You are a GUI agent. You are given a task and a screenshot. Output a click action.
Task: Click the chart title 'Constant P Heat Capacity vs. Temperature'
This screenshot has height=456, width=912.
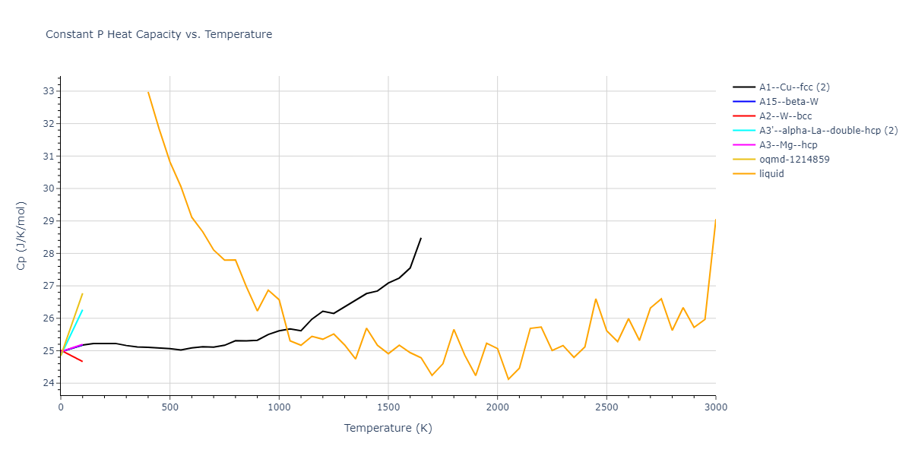[159, 34]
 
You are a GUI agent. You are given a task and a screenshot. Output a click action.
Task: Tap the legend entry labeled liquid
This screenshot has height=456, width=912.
[771, 174]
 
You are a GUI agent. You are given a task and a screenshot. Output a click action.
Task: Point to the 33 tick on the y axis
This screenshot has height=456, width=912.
[49, 91]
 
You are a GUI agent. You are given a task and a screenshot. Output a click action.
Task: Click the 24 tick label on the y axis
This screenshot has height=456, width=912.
[49, 383]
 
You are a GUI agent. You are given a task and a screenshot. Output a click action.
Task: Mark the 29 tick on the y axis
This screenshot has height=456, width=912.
[49, 221]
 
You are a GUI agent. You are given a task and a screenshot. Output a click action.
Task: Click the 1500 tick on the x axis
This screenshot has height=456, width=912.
[388, 407]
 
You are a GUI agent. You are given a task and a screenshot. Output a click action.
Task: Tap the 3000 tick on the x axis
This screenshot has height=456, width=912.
[716, 407]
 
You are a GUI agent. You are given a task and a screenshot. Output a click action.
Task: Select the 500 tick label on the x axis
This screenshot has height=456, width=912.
[170, 407]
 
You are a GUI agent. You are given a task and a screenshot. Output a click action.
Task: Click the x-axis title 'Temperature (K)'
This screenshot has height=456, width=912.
[388, 429]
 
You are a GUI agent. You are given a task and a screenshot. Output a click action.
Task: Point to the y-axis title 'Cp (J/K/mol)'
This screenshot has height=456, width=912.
[21, 236]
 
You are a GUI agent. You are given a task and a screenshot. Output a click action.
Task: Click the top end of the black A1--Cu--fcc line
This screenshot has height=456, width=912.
[421, 238]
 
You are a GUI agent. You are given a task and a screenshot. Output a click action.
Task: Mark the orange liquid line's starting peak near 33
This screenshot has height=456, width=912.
[148, 92]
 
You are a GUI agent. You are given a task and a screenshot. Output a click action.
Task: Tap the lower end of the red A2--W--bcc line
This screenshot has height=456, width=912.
[82, 361]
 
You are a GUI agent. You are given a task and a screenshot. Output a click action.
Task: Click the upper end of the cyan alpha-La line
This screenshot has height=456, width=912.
[82, 310]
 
